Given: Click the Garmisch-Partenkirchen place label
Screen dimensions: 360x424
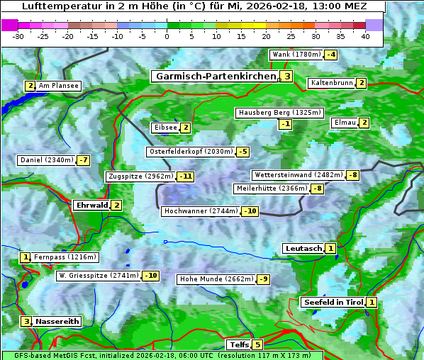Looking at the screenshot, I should pos(215,76).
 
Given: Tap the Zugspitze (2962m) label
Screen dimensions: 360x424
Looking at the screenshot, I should pos(140,176).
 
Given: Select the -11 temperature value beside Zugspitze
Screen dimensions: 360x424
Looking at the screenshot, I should pos(186,176).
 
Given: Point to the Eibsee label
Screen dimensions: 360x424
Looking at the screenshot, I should pos(164,128).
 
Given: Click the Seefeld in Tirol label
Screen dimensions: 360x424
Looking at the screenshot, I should pos(333,303).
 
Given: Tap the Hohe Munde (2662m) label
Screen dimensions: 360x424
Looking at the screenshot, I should pos(216,279).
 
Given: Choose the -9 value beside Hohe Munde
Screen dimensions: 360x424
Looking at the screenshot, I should pos(263,279).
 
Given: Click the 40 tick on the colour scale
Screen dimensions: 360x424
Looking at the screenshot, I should pos(365,36).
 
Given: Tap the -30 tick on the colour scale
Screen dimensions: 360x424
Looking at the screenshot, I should pos(18,36).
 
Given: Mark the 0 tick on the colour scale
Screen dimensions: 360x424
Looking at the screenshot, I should pos(167,36).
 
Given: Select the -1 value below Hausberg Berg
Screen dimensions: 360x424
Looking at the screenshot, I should pos(285,124).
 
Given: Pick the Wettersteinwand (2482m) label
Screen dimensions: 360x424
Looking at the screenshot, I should pos(298,175).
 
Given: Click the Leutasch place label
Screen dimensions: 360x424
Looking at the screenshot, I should pos(303,248).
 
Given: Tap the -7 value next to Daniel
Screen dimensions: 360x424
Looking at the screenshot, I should pos(84,160).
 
